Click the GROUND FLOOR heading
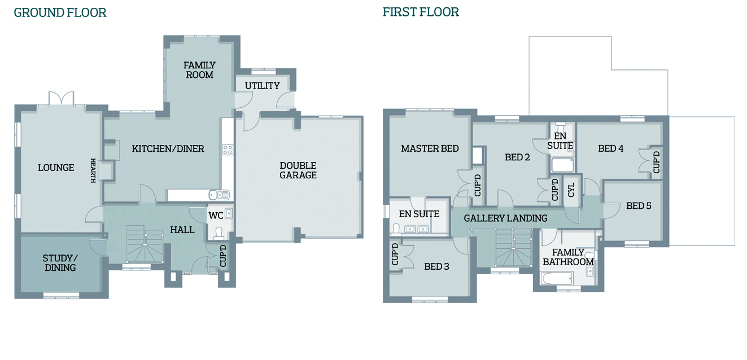[x=60, y=12]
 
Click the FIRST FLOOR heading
[x=421, y=12]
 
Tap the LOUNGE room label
[x=56, y=168]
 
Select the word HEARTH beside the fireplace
[x=93, y=170]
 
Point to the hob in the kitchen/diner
[x=228, y=150]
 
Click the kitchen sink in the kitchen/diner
[x=219, y=195]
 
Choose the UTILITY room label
[x=262, y=86]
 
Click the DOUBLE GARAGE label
[x=298, y=170]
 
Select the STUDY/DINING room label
[x=60, y=263]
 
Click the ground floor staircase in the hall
[x=145, y=244]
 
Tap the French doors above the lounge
[x=62, y=99]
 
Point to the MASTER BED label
[x=430, y=148]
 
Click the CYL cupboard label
[x=571, y=190]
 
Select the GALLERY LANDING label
[x=505, y=218]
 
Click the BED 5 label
[x=639, y=206]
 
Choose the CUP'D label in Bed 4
[x=656, y=162]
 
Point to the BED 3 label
[x=436, y=267]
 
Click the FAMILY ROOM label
[x=199, y=70]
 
